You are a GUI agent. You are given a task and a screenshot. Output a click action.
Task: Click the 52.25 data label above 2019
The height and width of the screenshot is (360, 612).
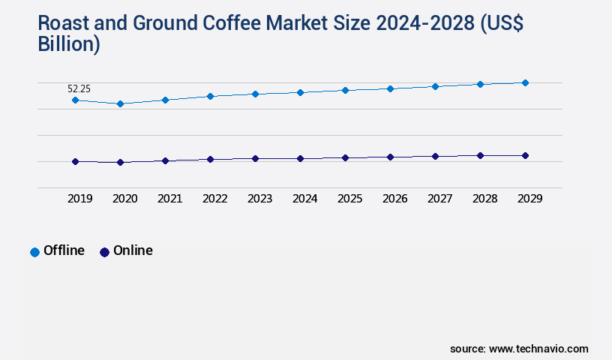79,88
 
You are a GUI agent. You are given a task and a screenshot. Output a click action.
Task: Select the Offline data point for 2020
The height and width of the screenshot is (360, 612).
120,103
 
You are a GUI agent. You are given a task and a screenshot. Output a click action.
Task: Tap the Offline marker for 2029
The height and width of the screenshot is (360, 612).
525,82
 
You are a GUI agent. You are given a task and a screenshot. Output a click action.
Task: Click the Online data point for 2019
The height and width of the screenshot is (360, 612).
75,161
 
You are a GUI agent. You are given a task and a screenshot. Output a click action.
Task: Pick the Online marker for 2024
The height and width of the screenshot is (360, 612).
300,158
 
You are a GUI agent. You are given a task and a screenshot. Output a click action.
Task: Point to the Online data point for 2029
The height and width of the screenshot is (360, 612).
525,155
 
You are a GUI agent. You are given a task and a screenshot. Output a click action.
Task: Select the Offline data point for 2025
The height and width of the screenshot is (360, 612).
345,90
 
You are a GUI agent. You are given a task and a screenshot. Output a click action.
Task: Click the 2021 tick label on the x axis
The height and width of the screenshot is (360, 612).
169,199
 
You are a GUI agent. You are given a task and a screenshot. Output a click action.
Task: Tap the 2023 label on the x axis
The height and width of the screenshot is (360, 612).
259,199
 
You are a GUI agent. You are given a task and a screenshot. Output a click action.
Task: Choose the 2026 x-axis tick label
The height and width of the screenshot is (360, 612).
394,199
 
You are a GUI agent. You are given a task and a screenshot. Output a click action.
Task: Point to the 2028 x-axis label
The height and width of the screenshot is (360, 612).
484,199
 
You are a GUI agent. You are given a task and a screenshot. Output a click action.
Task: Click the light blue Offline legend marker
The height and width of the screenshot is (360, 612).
34,252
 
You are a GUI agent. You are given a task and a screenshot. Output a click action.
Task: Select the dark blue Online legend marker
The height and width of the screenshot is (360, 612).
104,252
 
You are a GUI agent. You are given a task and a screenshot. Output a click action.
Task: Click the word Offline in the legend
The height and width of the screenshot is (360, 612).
64,250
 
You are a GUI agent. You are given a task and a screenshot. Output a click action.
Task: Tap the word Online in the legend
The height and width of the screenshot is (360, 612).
133,250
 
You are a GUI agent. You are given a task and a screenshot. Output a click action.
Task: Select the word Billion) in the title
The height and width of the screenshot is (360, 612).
69,44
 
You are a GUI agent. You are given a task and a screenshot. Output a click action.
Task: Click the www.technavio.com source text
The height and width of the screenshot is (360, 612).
538,349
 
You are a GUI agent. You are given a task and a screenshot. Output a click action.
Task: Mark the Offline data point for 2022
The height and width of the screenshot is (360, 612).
210,96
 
